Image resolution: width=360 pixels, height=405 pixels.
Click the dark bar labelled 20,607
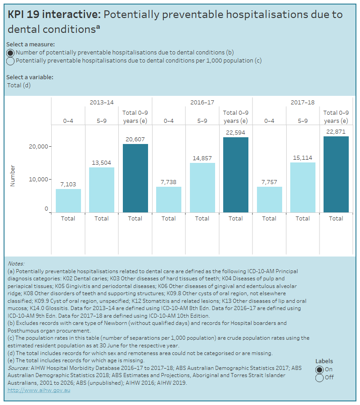(135, 178)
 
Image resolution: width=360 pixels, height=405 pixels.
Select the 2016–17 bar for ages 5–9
(202, 188)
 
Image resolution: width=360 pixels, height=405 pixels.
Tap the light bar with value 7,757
(269, 199)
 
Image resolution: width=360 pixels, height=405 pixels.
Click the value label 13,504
(102, 162)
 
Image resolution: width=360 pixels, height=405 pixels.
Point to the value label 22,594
(236, 132)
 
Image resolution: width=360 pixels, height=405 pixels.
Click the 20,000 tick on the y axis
(38, 146)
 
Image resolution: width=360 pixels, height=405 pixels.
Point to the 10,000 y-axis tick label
(38, 179)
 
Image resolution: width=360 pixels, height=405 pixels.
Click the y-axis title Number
(13, 175)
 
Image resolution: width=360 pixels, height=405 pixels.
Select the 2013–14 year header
(102, 102)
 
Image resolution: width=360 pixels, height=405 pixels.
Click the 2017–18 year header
(302, 102)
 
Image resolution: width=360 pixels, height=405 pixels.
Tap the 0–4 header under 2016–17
(169, 120)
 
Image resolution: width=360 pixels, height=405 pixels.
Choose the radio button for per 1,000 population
(10, 61)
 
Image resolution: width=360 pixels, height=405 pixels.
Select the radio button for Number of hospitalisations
(10, 52)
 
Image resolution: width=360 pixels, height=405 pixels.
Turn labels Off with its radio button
(319, 378)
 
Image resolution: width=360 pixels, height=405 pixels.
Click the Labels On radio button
(319, 369)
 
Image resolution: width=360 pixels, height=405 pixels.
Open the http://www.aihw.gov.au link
(39, 390)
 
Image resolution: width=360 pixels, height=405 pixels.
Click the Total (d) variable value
(19, 85)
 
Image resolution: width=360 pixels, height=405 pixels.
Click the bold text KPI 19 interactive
(54, 14)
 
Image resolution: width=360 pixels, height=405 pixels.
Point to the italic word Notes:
(16, 263)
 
